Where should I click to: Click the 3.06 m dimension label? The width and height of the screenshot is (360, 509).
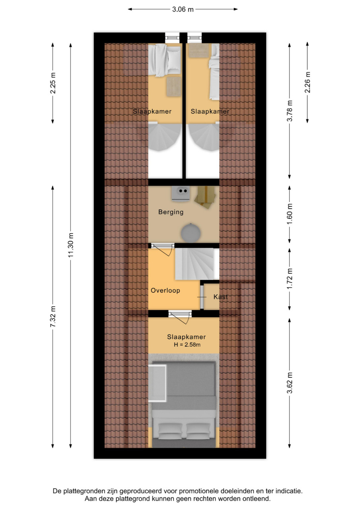pyautogui.click(x=183, y=9)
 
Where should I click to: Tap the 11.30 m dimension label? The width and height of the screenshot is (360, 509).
pyautogui.click(x=71, y=245)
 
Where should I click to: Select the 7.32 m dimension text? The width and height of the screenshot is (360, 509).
pyautogui.click(x=53, y=317)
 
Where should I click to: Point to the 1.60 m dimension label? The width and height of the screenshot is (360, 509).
pyautogui.click(x=290, y=214)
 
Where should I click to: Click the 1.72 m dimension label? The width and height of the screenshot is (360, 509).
pyautogui.click(x=290, y=279)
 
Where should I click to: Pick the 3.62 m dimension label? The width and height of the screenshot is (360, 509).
pyautogui.click(x=290, y=383)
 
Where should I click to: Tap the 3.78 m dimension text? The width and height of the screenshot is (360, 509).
pyautogui.click(x=290, y=111)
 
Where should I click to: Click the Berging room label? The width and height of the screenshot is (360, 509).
pyautogui.click(x=171, y=212)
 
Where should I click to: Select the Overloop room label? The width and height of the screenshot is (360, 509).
pyautogui.click(x=165, y=290)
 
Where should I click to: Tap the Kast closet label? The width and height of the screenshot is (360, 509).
pyautogui.click(x=220, y=297)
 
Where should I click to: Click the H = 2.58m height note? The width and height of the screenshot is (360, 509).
pyautogui.click(x=187, y=345)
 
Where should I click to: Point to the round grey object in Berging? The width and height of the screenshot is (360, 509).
pyautogui.click(x=191, y=233)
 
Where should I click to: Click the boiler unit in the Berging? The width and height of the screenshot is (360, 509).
pyautogui.click(x=181, y=194)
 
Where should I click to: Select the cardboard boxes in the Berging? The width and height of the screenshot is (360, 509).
pyautogui.click(x=205, y=197)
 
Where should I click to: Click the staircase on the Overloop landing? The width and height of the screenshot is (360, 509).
pyautogui.click(x=195, y=264)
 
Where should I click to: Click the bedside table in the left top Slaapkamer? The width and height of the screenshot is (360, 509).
pyautogui.click(x=174, y=87)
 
